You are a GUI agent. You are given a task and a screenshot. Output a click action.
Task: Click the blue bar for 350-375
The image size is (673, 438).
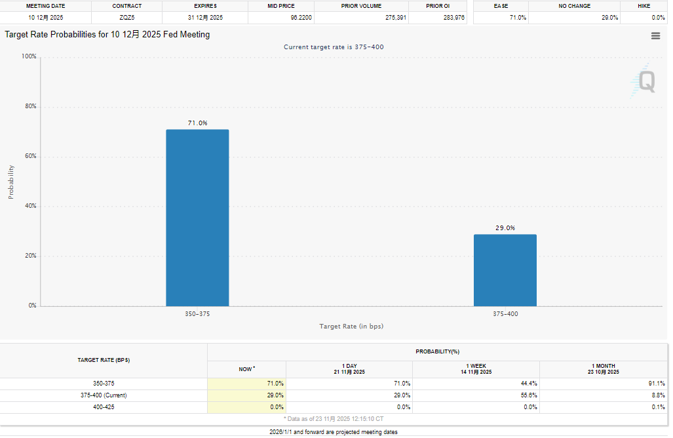click(x=197, y=218)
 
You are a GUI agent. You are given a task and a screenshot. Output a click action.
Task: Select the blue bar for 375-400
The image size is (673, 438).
click(x=505, y=270)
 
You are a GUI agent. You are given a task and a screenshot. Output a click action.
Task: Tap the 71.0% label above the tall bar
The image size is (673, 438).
click(x=197, y=123)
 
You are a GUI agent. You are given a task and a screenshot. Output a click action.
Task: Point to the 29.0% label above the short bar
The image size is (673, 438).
click(x=505, y=228)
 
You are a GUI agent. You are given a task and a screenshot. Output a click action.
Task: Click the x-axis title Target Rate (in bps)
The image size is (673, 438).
click(x=351, y=326)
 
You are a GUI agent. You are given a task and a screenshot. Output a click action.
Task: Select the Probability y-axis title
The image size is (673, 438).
click(x=11, y=181)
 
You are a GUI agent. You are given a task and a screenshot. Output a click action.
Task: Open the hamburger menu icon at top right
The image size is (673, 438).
click(x=655, y=36)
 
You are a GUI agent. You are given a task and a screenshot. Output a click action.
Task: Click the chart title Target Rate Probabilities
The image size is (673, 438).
click(x=107, y=34)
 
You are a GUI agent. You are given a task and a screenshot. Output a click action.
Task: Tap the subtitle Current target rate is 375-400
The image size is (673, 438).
click(x=334, y=47)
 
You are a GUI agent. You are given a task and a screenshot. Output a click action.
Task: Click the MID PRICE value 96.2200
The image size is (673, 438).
click(x=301, y=17)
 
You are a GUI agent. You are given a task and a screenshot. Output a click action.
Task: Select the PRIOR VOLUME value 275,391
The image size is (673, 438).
click(x=385, y=17)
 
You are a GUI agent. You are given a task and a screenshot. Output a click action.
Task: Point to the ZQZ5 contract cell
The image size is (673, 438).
click(x=126, y=17)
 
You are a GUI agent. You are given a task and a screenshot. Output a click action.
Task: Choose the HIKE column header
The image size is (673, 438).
click(x=644, y=6)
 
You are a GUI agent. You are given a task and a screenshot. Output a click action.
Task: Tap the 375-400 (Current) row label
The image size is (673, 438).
click(x=104, y=395)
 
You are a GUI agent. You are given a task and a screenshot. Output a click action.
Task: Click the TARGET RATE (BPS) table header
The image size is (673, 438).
click(x=104, y=361)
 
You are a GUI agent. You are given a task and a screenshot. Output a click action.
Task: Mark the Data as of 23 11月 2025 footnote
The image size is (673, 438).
click(x=334, y=418)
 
